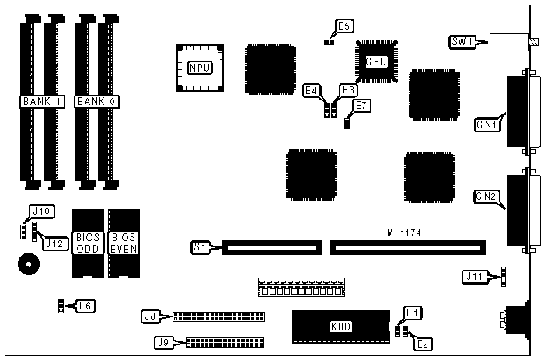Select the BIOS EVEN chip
pyautogui.click(x=122, y=243)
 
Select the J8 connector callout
pyautogui.click(x=151, y=316)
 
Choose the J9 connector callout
pyautogui.click(x=164, y=341)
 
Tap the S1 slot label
pyautogui.click(x=199, y=248)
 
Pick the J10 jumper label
pyautogui.click(x=40, y=211)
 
